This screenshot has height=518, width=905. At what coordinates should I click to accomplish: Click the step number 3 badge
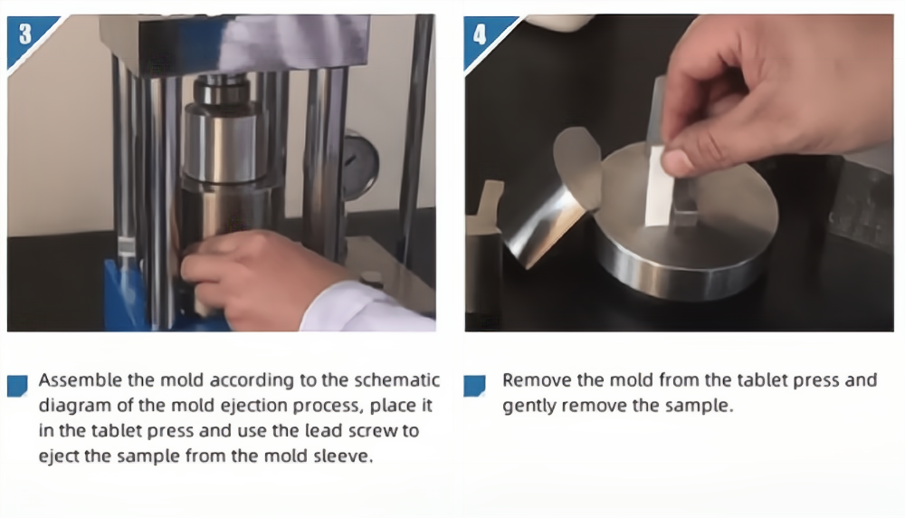point(26,37)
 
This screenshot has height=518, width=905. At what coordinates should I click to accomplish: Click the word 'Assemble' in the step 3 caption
point(81,380)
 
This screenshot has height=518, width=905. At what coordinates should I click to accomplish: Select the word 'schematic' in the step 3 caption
point(396,380)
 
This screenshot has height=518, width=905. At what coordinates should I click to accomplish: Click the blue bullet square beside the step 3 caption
point(17,386)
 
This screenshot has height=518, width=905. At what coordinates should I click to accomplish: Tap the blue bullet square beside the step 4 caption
point(474,386)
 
